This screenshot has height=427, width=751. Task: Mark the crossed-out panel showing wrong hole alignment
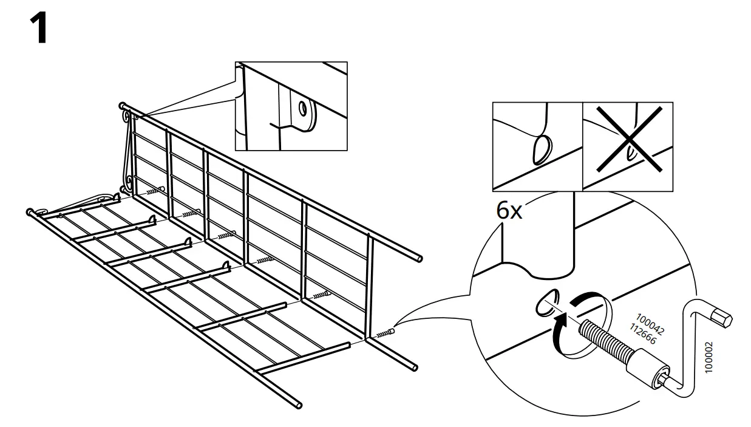[627, 146]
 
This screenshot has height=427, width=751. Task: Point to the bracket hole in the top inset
[302, 109]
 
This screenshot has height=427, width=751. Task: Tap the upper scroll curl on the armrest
[126, 114]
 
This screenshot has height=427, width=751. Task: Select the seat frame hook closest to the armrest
[115, 197]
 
